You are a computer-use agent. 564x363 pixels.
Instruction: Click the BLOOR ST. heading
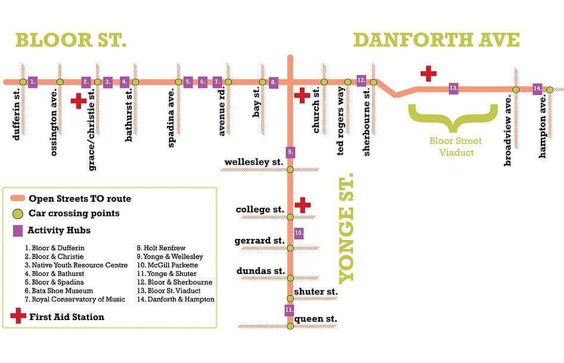coord(71,41)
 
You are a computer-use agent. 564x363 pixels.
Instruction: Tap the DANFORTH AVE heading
coord(436,41)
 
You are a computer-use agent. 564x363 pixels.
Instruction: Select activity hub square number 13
coord(453,88)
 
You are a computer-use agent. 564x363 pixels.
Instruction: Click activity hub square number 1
coord(33,81)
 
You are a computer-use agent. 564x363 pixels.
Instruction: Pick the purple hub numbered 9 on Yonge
coord(290,152)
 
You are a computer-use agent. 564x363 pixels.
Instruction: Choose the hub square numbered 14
coord(537,88)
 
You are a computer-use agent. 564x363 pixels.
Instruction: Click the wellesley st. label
coord(253,162)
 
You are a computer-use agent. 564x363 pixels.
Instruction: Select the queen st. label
coord(316,319)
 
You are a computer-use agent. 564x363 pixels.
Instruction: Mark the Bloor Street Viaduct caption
coord(455,147)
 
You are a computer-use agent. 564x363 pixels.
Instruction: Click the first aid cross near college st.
coord(303,205)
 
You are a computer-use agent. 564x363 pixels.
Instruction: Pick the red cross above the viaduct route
coord(428,73)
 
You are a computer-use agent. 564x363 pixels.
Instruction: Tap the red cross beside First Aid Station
coord(18,316)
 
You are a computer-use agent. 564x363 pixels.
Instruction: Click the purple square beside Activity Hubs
coord(17,230)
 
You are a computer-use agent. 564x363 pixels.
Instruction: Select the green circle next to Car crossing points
coord(18,214)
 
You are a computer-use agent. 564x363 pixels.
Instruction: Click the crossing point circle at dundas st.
coord(290,278)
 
